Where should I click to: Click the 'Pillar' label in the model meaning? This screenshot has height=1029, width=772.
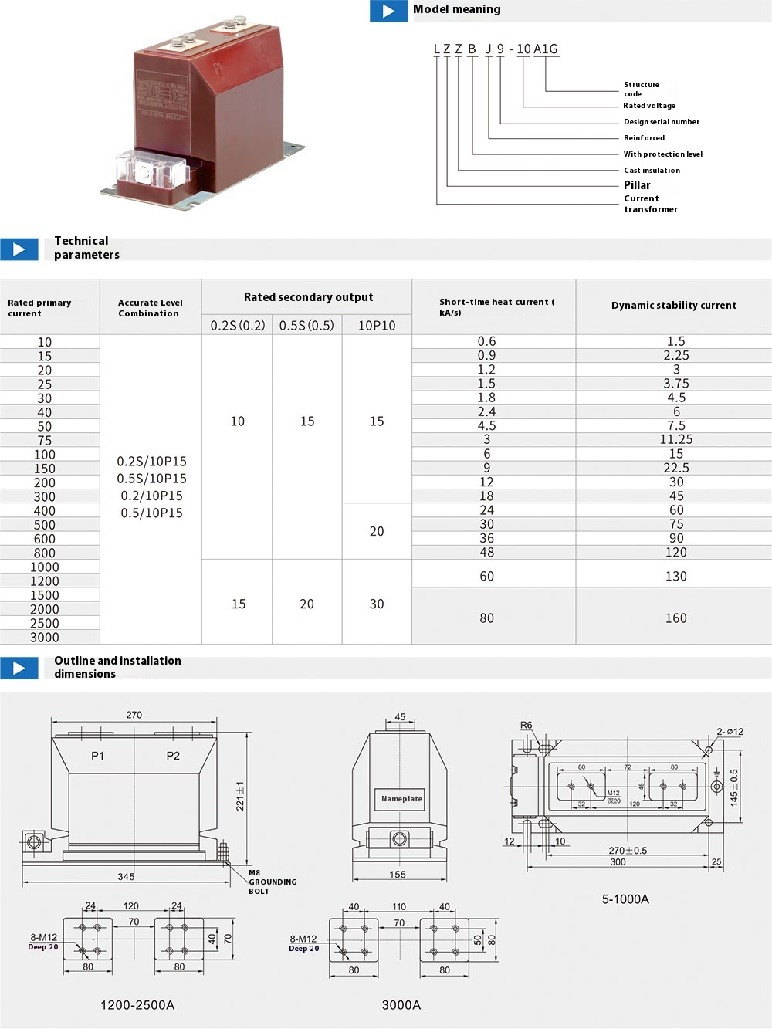point(637,185)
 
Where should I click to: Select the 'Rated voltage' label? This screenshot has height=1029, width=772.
point(649,106)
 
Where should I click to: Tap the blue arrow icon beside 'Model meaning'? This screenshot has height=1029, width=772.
point(388,11)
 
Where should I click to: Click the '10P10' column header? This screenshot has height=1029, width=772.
point(377,326)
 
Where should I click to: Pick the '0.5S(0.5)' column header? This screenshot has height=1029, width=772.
point(306,326)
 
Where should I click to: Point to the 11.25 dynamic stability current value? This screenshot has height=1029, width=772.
point(676,440)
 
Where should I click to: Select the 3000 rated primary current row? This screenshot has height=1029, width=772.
point(45,638)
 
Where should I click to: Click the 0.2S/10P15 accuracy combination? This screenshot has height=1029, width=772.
point(151,462)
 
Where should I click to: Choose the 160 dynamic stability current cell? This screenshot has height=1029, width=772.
point(675,618)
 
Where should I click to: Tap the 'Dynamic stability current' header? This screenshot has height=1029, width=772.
point(673,306)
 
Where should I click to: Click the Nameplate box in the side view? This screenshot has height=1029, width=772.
point(401,799)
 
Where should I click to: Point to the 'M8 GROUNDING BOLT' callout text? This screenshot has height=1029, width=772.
point(272,882)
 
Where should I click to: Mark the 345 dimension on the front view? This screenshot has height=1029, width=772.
point(126,877)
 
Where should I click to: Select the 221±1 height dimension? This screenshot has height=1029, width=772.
point(240,795)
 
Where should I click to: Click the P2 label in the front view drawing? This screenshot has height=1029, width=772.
point(173,756)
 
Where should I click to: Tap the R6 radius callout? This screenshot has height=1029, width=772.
point(526,726)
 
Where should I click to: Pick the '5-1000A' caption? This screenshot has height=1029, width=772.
point(625,899)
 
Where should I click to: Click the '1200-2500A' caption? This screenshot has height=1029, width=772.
point(137,1005)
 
